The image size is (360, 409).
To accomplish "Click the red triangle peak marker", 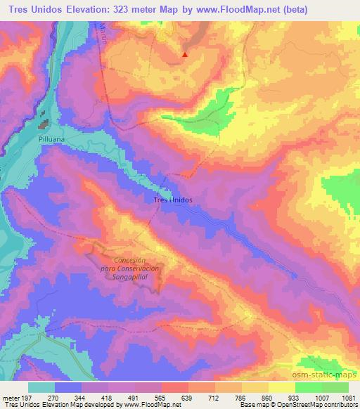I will [x=185, y=54].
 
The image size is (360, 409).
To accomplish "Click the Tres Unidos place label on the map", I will [x=172, y=199].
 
